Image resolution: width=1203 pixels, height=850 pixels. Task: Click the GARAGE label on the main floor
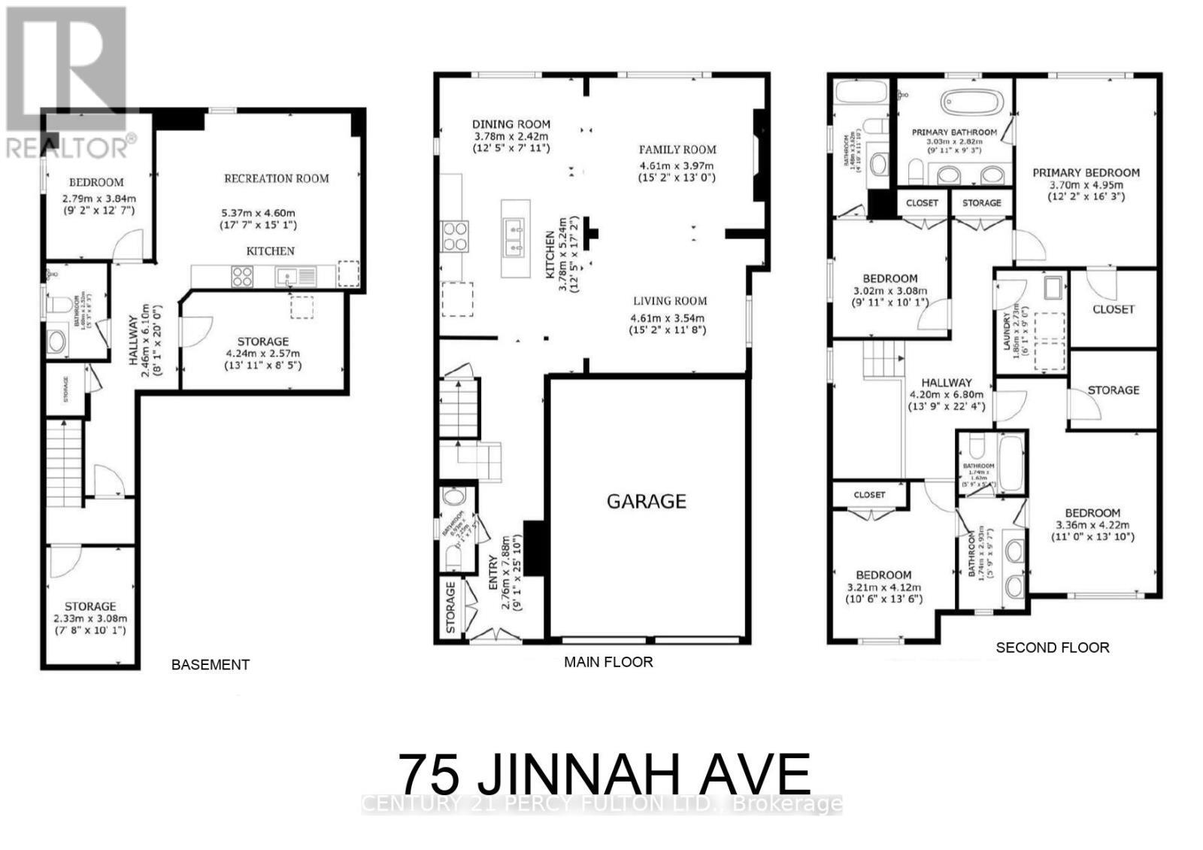[x=646, y=501]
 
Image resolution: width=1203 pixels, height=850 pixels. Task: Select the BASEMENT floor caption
[x=210, y=665]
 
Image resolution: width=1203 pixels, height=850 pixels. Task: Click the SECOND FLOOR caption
[x=1052, y=647]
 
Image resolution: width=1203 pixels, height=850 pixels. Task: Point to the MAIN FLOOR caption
[x=608, y=662]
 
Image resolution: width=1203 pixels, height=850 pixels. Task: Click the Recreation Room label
[x=276, y=178]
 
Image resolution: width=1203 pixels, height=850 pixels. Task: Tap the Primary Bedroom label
[x=1085, y=172]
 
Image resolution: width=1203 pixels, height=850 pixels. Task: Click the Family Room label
[x=677, y=150]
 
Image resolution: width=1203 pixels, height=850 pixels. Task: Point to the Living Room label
[x=668, y=301]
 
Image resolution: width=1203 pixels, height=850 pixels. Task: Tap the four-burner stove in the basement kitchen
[x=241, y=277]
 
